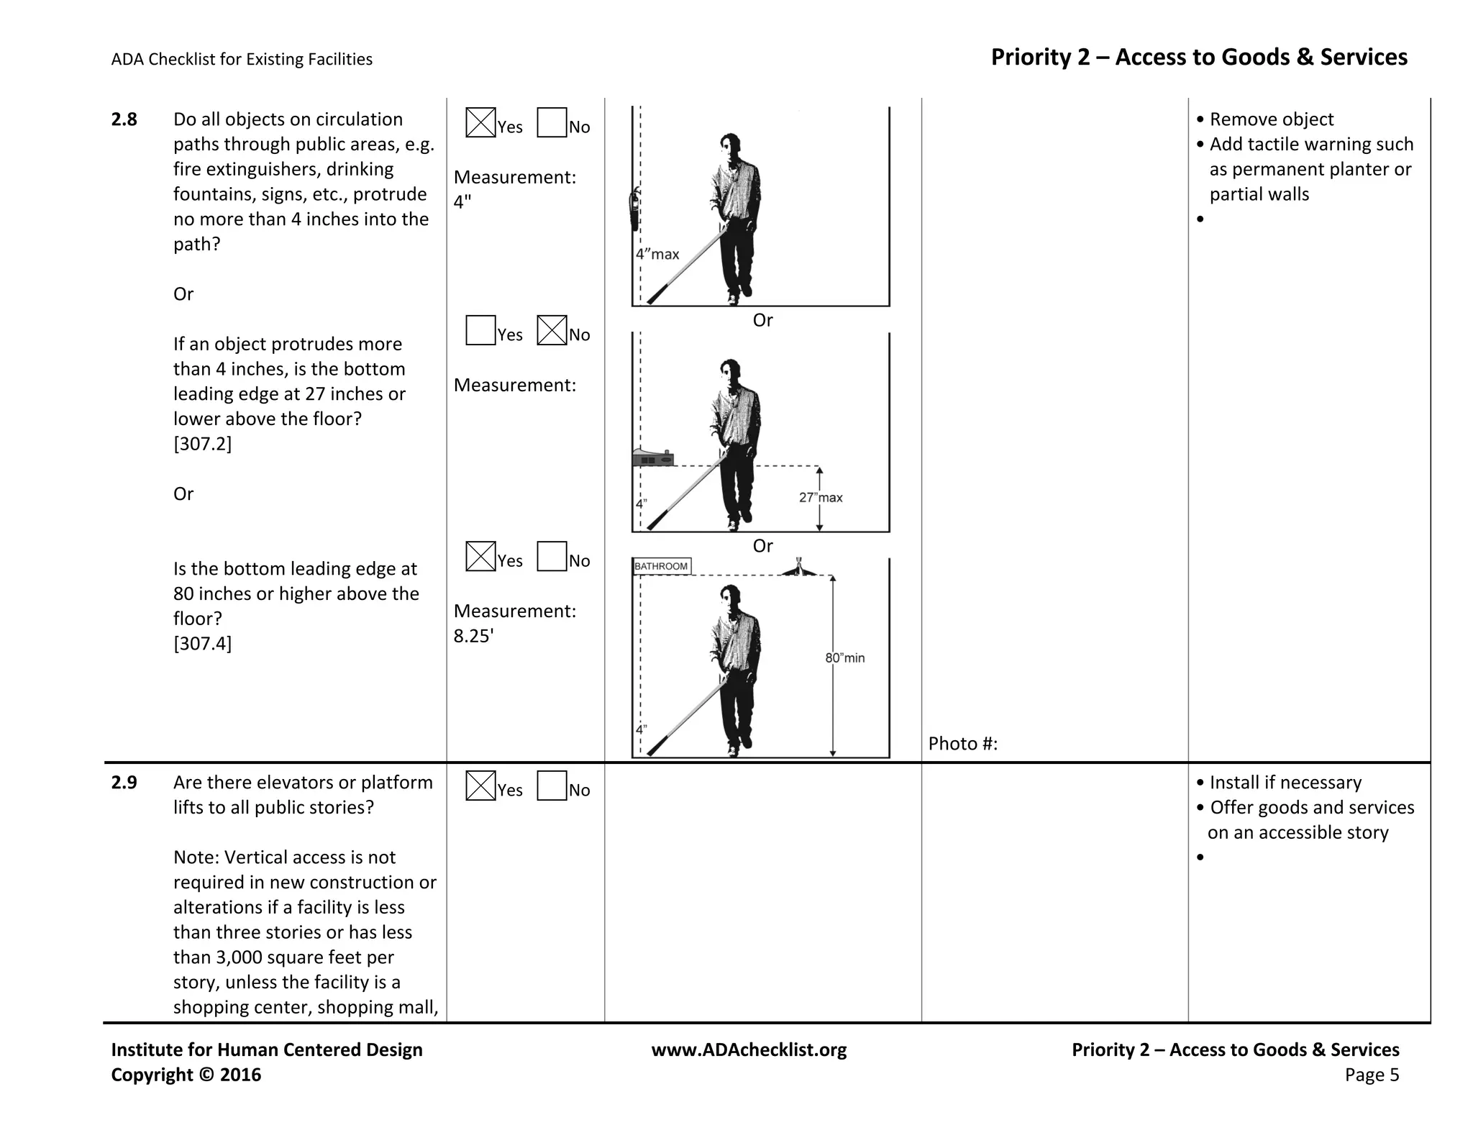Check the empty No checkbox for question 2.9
(552, 786)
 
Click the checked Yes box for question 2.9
(480, 786)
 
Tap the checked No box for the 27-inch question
(552, 330)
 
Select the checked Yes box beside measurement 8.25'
(480, 556)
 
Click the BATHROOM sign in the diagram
(662, 566)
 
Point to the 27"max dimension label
(821, 498)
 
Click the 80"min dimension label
(845, 657)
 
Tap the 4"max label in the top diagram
(657, 254)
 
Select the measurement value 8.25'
(473, 636)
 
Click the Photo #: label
(962, 743)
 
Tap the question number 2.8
(124, 119)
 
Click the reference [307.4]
(202, 643)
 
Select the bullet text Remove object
(1271, 119)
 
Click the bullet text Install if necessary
(1285, 783)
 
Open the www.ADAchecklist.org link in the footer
(749, 1050)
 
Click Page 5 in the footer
(1372, 1075)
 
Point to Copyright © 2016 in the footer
(186, 1075)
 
